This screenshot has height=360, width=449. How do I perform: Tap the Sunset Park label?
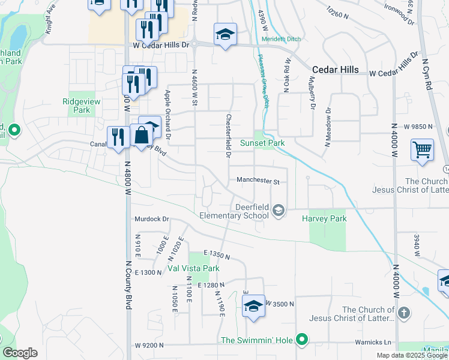pyautogui.click(x=262, y=143)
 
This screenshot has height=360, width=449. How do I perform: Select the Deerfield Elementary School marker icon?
pyautogui.click(x=278, y=210)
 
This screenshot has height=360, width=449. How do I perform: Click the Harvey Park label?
pyautogui.click(x=324, y=219)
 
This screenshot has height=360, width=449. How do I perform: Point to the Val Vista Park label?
pyautogui.click(x=193, y=268)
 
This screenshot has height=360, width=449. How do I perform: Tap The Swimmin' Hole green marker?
pyautogui.click(x=303, y=340)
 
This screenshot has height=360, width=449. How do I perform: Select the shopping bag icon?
pyautogui.click(x=142, y=135)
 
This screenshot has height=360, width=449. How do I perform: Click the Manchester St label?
pyautogui.click(x=258, y=180)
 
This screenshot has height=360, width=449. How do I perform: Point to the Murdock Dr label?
pyautogui.click(x=152, y=219)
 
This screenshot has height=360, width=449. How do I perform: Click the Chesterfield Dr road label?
pyautogui.click(x=229, y=136)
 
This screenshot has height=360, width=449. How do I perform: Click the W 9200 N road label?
pyautogui.click(x=149, y=345)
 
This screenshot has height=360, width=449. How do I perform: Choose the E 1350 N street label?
pyautogui.click(x=217, y=254)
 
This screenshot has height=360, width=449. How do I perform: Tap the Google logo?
pyautogui.click(x=20, y=353)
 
